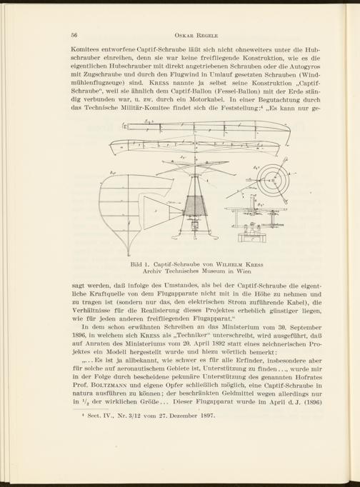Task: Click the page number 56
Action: (x=74, y=35)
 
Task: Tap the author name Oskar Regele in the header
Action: (x=196, y=36)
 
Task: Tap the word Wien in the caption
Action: (x=245, y=271)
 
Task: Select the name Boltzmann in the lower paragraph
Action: (x=106, y=386)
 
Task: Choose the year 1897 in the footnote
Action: (x=207, y=416)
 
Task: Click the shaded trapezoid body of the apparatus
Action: (x=196, y=206)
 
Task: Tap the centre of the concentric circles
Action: (x=274, y=180)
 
